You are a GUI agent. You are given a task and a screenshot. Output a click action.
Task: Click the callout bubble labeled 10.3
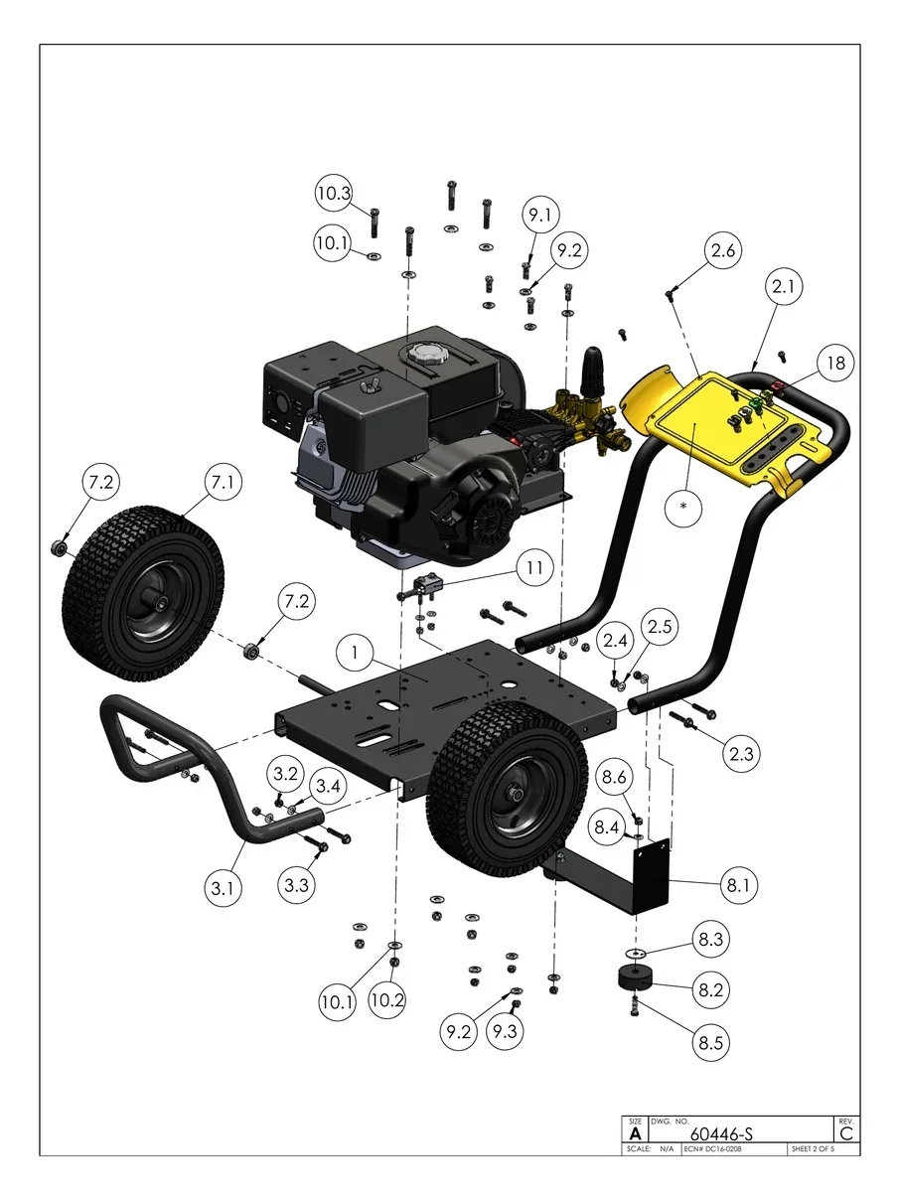(x=335, y=194)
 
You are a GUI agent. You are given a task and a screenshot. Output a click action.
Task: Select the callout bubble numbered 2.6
(x=722, y=251)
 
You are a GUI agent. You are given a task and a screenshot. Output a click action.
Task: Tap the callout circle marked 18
(x=836, y=364)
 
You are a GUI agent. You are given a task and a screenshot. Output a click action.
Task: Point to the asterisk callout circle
(x=682, y=506)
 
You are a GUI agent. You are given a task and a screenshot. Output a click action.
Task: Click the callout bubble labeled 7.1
(x=225, y=483)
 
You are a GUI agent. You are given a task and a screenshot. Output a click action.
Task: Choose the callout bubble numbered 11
(x=534, y=567)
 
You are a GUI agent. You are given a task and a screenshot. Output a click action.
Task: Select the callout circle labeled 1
(x=356, y=654)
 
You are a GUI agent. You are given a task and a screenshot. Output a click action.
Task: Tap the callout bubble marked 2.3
(x=740, y=754)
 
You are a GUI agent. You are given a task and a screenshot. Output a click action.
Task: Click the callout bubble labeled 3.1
(x=224, y=888)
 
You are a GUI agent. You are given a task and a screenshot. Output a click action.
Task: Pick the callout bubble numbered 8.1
(x=736, y=883)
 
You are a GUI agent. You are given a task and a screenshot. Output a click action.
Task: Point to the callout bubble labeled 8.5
(x=709, y=1044)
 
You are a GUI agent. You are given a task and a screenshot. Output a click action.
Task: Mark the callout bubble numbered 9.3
(x=505, y=1031)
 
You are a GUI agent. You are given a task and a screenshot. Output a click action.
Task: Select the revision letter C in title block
(x=846, y=1132)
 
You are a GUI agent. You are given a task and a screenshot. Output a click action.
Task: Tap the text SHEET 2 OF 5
(x=812, y=1149)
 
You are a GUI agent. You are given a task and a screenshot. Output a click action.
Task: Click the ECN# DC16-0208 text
(x=713, y=1149)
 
